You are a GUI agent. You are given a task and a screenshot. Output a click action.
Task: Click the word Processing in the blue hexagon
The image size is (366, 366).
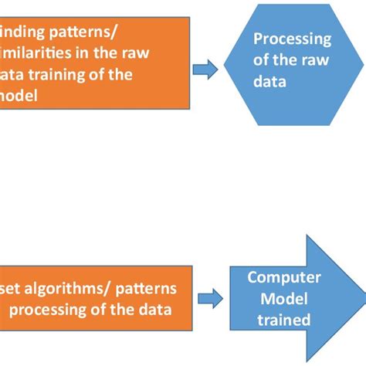point(292,39)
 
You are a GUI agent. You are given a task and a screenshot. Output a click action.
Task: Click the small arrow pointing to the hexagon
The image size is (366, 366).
point(204,69)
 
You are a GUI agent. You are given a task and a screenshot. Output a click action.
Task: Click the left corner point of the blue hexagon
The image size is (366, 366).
point(224,60)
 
